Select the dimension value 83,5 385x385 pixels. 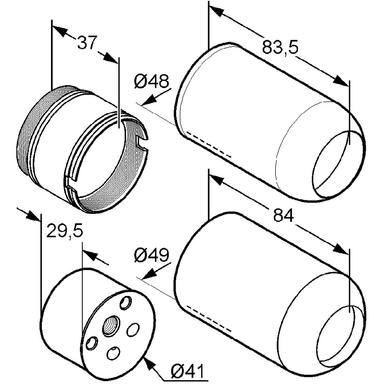280,47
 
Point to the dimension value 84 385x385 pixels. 283,215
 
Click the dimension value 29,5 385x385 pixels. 64,231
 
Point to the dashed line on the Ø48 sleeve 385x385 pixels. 209,144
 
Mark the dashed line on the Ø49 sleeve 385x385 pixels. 209,318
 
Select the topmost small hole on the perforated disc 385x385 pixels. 125,302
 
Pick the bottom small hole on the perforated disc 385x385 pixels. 113,353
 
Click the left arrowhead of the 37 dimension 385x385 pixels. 60,31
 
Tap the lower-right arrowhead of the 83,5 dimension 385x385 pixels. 341,80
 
